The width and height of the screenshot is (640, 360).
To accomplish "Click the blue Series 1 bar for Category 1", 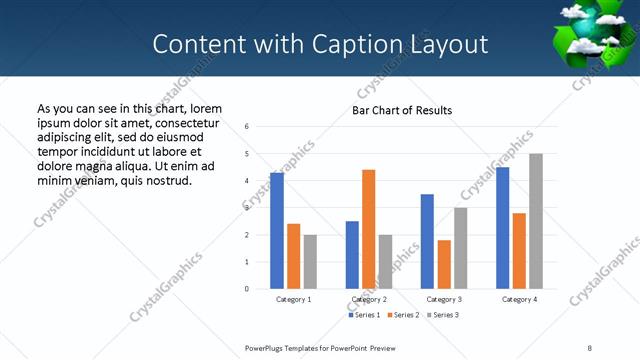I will coord(277,231).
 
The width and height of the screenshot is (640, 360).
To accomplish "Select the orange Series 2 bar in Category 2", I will coord(368,229).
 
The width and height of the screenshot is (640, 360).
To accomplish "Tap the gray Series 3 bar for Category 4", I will coord(536,221).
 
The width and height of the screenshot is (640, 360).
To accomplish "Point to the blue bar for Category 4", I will coord(502,228).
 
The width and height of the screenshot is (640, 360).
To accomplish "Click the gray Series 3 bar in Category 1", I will coord(310,262).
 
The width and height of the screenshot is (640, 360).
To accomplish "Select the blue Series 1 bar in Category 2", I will coord(352,255).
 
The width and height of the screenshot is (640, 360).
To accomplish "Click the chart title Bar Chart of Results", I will coord(402,110).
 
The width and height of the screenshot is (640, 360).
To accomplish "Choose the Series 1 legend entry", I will coord(365,315).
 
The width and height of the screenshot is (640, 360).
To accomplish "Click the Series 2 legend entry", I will coord(403,315).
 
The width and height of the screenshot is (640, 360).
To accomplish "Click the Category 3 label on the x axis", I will coord(444,299).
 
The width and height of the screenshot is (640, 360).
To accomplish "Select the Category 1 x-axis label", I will coord(294,299).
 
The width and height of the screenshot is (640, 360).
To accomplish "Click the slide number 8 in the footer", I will coord(589,347).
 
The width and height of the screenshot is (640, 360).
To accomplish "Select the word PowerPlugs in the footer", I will coord(265,347).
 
